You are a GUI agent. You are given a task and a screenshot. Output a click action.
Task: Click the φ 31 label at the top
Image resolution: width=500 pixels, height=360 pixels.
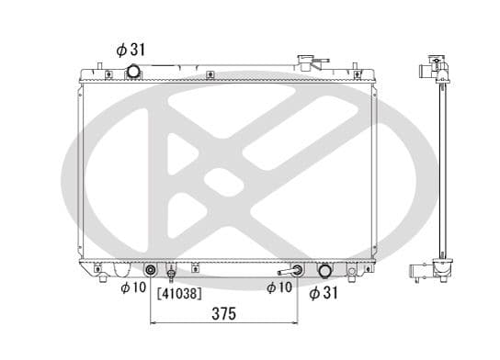(131, 50)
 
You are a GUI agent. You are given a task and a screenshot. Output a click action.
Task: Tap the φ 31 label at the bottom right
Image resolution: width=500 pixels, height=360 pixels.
(323, 292)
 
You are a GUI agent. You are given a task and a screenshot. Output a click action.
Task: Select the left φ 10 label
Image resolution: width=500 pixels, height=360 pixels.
(133, 287)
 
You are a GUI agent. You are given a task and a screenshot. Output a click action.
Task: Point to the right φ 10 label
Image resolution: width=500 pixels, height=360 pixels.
(279, 287)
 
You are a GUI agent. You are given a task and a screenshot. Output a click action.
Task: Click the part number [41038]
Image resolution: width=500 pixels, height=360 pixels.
(179, 293)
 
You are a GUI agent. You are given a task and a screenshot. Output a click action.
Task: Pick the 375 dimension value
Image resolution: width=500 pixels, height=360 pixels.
(224, 314)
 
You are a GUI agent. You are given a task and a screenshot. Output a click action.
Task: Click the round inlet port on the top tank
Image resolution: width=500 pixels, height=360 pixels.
(133, 71)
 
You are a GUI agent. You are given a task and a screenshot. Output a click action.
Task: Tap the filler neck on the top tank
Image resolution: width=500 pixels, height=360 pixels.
(305, 62)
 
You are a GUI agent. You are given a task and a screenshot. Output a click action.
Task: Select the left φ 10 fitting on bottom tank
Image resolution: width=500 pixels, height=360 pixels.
(150, 271)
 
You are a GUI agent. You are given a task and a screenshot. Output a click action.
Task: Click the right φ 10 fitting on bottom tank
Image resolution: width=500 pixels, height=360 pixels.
(297, 270)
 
